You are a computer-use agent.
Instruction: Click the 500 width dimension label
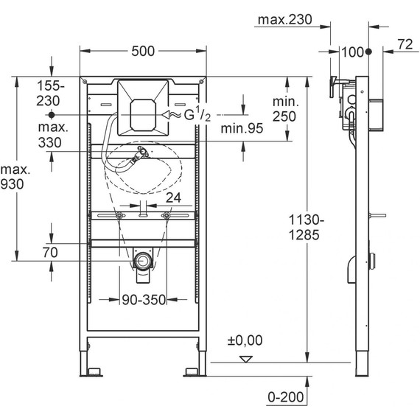click(x=143, y=51)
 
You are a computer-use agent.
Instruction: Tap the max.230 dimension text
click(x=284, y=20)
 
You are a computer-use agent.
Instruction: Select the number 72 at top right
click(x=405, y=44)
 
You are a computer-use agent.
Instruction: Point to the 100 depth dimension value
click(x=353, y=52)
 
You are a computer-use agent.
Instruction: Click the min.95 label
click(x=242, y=128)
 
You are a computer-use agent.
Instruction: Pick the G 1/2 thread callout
click(x=197, y=114)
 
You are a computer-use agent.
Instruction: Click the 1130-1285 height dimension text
click(x=306, y=228)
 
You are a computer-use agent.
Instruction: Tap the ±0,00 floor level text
click(x=245, y=340)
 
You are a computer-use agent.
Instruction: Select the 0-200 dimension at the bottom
click(x=286, y=397)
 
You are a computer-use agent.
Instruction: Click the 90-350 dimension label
click(x=144, y=300)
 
